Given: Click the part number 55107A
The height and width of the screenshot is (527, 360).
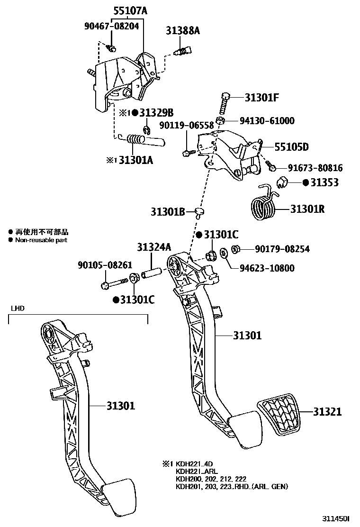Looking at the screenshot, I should pyautogui.click(x=130, y=10).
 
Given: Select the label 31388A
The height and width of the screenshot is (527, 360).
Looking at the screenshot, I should pyautogui.click(x=183, y=31).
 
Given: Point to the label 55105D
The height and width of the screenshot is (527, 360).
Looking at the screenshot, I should pyautogui.click(x=285, y=147).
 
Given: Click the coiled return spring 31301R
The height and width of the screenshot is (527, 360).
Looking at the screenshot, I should pyautogui.click(x=262, y=207).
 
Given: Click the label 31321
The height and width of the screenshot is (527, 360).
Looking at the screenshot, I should pyautogui.click(x=327, y=412).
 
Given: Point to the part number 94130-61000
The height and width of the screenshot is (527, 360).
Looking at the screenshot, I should pyautogui.click(x=266, y=121).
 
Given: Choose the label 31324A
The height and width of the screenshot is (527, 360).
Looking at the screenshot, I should pyautogui.click(x=154, y=247).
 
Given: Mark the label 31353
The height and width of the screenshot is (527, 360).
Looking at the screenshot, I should pyautogui.click(x=324, y=182).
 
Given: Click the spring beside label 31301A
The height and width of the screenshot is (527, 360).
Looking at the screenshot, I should pyautogui.click(x=142, y=140).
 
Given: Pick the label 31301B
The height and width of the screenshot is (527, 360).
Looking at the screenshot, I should pyautogui.click(x=168, y=211).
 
